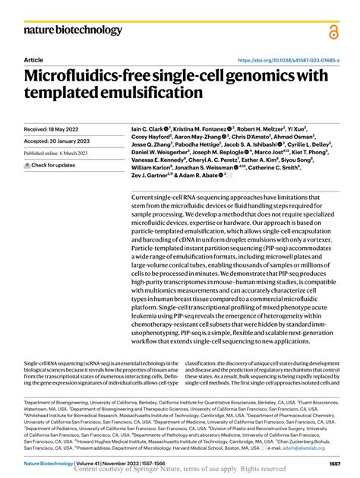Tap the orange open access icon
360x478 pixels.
[x=334, y=31]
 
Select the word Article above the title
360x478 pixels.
[x=34, y=59]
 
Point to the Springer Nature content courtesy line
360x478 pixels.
[x=179, y=470]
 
